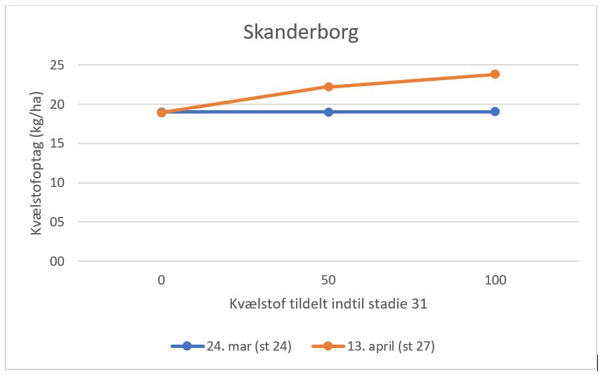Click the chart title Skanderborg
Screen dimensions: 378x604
tap(301, 33)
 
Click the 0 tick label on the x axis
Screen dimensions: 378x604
tap(162, 280)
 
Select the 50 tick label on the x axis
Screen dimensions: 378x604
tap(329, 280)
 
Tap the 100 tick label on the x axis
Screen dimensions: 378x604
tap(495, 280)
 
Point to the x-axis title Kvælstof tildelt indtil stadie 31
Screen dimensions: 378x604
tap(328, 304)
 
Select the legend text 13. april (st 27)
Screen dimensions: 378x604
tap(393, 347)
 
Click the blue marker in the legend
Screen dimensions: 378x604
tap(187, 347)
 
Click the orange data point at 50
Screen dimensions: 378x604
tap(329, 87)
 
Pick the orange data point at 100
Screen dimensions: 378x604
tap(495, 74)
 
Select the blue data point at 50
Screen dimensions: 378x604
tap(329, 112)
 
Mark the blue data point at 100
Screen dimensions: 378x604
tap(495, 112)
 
